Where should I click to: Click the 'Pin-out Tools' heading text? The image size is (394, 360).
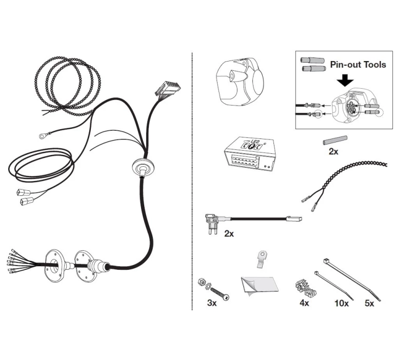[x=358, y=65]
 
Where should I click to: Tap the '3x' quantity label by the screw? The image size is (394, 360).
[x=212, y=303]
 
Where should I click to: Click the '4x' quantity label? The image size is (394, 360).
[x=304, y=303]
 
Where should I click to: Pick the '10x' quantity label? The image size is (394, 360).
[x=342, y=303]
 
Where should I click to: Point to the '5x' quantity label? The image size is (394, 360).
[x=369, y=303]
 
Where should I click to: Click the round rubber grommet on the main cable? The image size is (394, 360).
[x=143, y=167]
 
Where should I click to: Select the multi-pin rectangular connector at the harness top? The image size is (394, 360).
[x=168, y=89]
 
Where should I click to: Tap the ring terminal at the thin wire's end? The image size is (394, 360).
[x=42, y=136]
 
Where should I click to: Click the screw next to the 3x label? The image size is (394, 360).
[x=220, y=293]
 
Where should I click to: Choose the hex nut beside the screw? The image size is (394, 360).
[x=202, y=282]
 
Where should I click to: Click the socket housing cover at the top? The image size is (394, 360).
[x=240, y=82]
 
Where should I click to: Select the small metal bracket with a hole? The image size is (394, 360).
[x=261, y=259]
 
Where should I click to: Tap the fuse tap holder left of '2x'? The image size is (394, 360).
[x=211, y=223]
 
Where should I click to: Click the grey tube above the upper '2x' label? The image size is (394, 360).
[x=335, y=140]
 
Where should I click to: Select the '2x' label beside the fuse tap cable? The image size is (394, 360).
[x=229, y=234]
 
